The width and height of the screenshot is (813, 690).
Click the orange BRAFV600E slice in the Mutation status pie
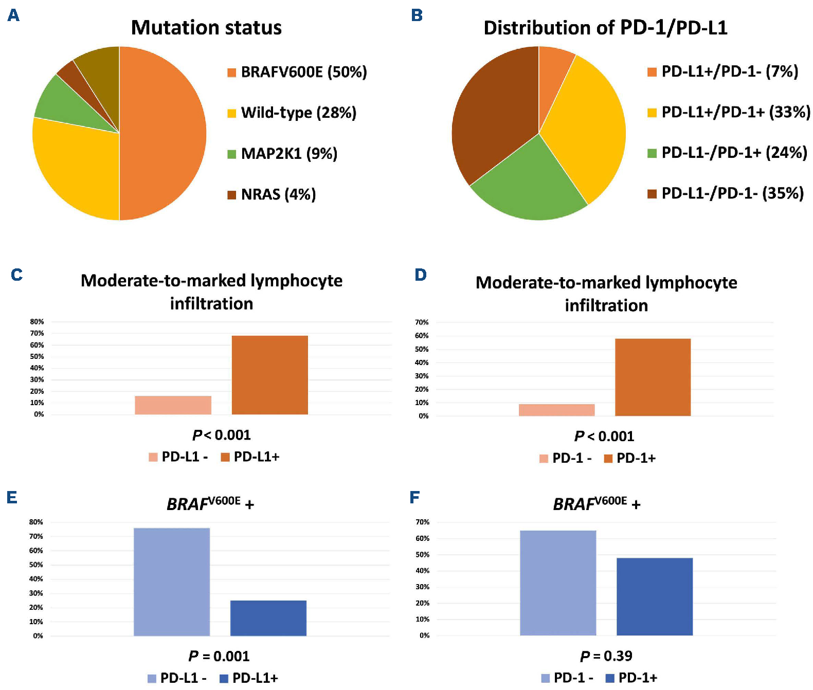coord(165,134)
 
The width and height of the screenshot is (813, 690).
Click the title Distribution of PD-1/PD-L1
coord(605,28)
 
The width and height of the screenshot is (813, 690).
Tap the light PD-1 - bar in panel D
coord(556,410)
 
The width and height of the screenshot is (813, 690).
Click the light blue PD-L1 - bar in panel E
coord(172,581)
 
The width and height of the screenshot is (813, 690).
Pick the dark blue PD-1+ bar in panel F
coord(654,596)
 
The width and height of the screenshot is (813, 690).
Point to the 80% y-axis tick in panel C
coord(37,322)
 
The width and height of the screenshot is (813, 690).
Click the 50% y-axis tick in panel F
coord(422,555)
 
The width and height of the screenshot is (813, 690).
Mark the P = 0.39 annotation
coord(606,656)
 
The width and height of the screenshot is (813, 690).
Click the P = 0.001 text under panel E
coord(219,656)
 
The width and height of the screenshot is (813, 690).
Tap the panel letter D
coord(421,275)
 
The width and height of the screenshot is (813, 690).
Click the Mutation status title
coord(206,28)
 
